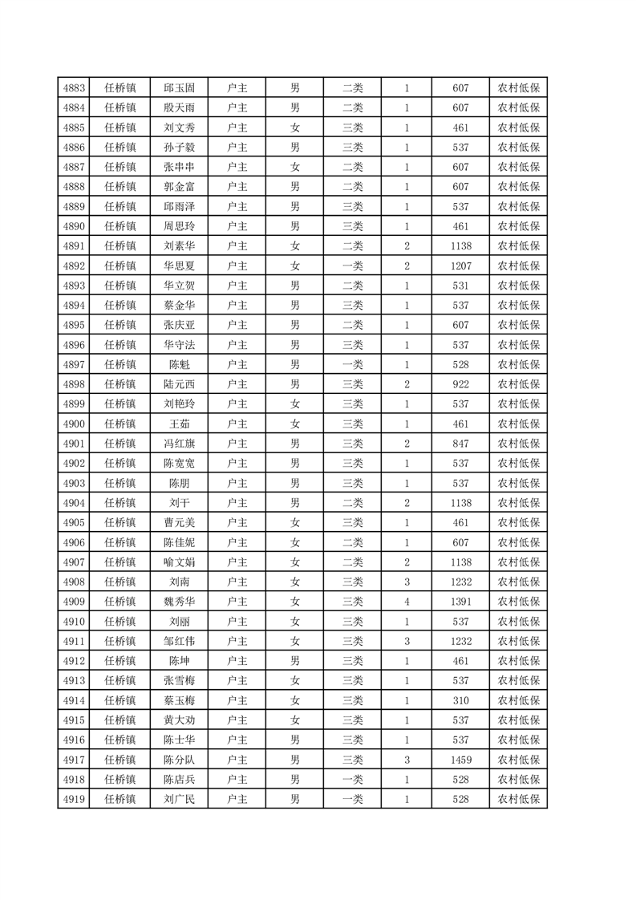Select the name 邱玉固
[179, 88]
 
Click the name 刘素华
[179, 246]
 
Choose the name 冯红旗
[179, 444]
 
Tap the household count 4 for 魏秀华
[407, 601]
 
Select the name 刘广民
[179, 799]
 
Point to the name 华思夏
[179, 266]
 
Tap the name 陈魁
[179, 364]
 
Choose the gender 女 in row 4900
[295, 424]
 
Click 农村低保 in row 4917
[519, 759]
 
